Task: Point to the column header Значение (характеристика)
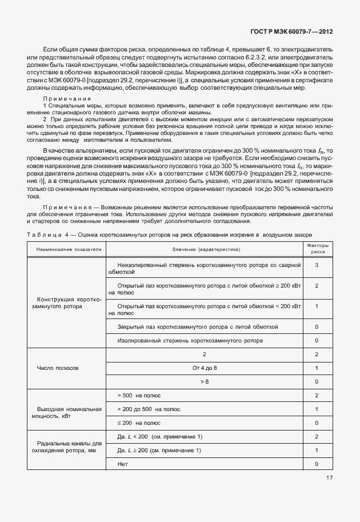pos(206,249)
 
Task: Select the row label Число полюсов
pos(58,368)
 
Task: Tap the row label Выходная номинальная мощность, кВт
pos(69,413)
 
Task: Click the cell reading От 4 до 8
pos(205,367)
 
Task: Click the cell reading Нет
pos(122,464)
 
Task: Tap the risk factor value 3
pos(317,265)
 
